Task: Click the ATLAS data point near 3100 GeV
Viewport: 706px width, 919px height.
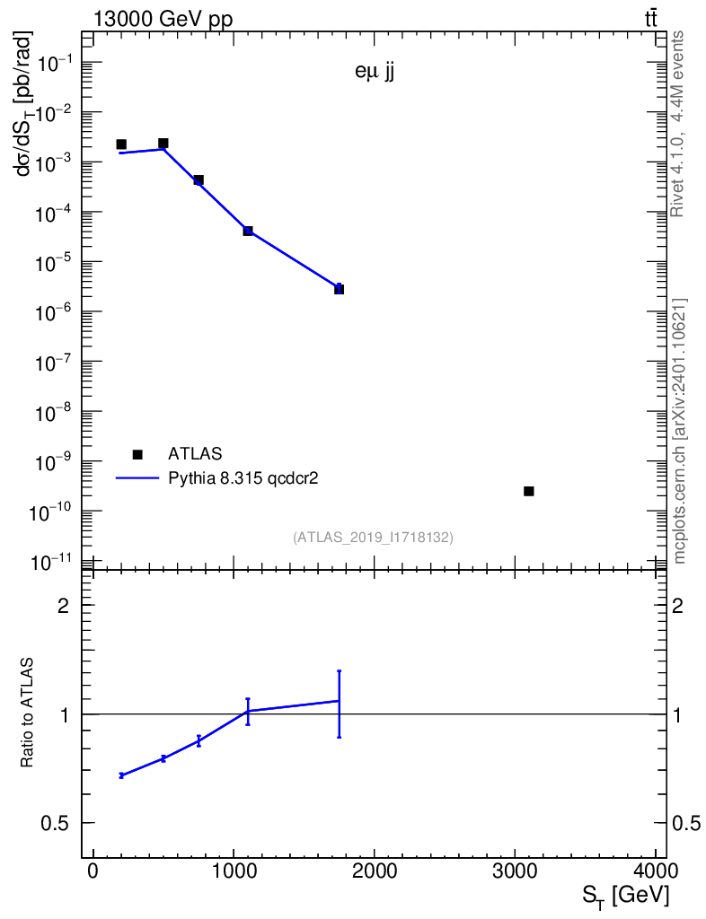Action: pyautogui.click(x=528, y=491)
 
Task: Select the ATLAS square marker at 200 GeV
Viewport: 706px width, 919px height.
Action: pyautogui.click(x=121, y=144)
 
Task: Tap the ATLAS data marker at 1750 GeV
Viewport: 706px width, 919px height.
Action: pyautogui.click(x=339, y=289)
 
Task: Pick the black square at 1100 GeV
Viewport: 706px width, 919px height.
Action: pyautogui.click(x=248, y=231)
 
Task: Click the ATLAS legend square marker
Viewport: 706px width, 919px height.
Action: pyautogui.click(x=137, y=454)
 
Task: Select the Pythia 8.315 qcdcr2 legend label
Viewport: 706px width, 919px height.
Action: pyautogui.click(x=244, y=479)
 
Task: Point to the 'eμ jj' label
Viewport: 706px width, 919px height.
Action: pyautogui.click(x=375, y=74)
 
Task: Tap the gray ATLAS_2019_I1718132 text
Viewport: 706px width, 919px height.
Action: pyautogui.click(x=373, y=538)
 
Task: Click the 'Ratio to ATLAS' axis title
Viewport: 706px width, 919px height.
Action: pyautogui.click(x=28, y=713)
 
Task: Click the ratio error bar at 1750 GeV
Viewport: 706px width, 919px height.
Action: pyautogui.click(x=339, y=704)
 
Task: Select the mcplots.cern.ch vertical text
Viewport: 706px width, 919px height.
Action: pyautogui.click(x=681, y=431)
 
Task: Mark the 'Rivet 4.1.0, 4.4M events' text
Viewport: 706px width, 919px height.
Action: pyautogui.click(x=679, y=123)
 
